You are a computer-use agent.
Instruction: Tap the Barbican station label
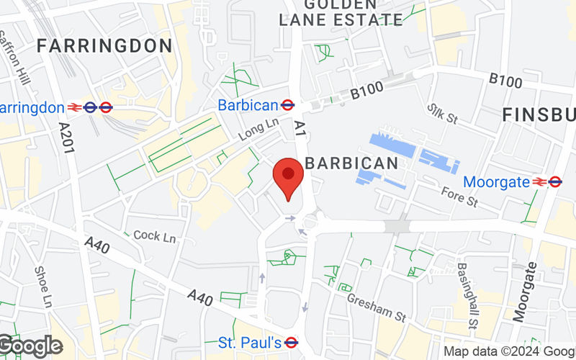click(x=248, y=105)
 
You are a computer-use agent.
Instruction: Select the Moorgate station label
click(x=496, y=181)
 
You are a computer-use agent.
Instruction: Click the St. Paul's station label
click(x=249, y=342)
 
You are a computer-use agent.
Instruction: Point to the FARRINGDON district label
click(x=104, y=46)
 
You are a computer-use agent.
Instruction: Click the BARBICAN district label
click(x=351, y=163)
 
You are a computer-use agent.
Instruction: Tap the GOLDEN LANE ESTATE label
click(x=341, y=13)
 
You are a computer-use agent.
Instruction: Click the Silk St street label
click(x=442, y=113)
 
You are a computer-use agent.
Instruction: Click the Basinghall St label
click(x=465, y=288)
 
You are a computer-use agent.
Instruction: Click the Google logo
click(x=30, y=346)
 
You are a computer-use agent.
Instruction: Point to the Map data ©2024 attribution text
click(x=508, y=351)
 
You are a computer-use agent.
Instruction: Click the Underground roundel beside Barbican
click(x=287, y=105)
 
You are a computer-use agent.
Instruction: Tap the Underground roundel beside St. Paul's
click(x=292, y=342)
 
